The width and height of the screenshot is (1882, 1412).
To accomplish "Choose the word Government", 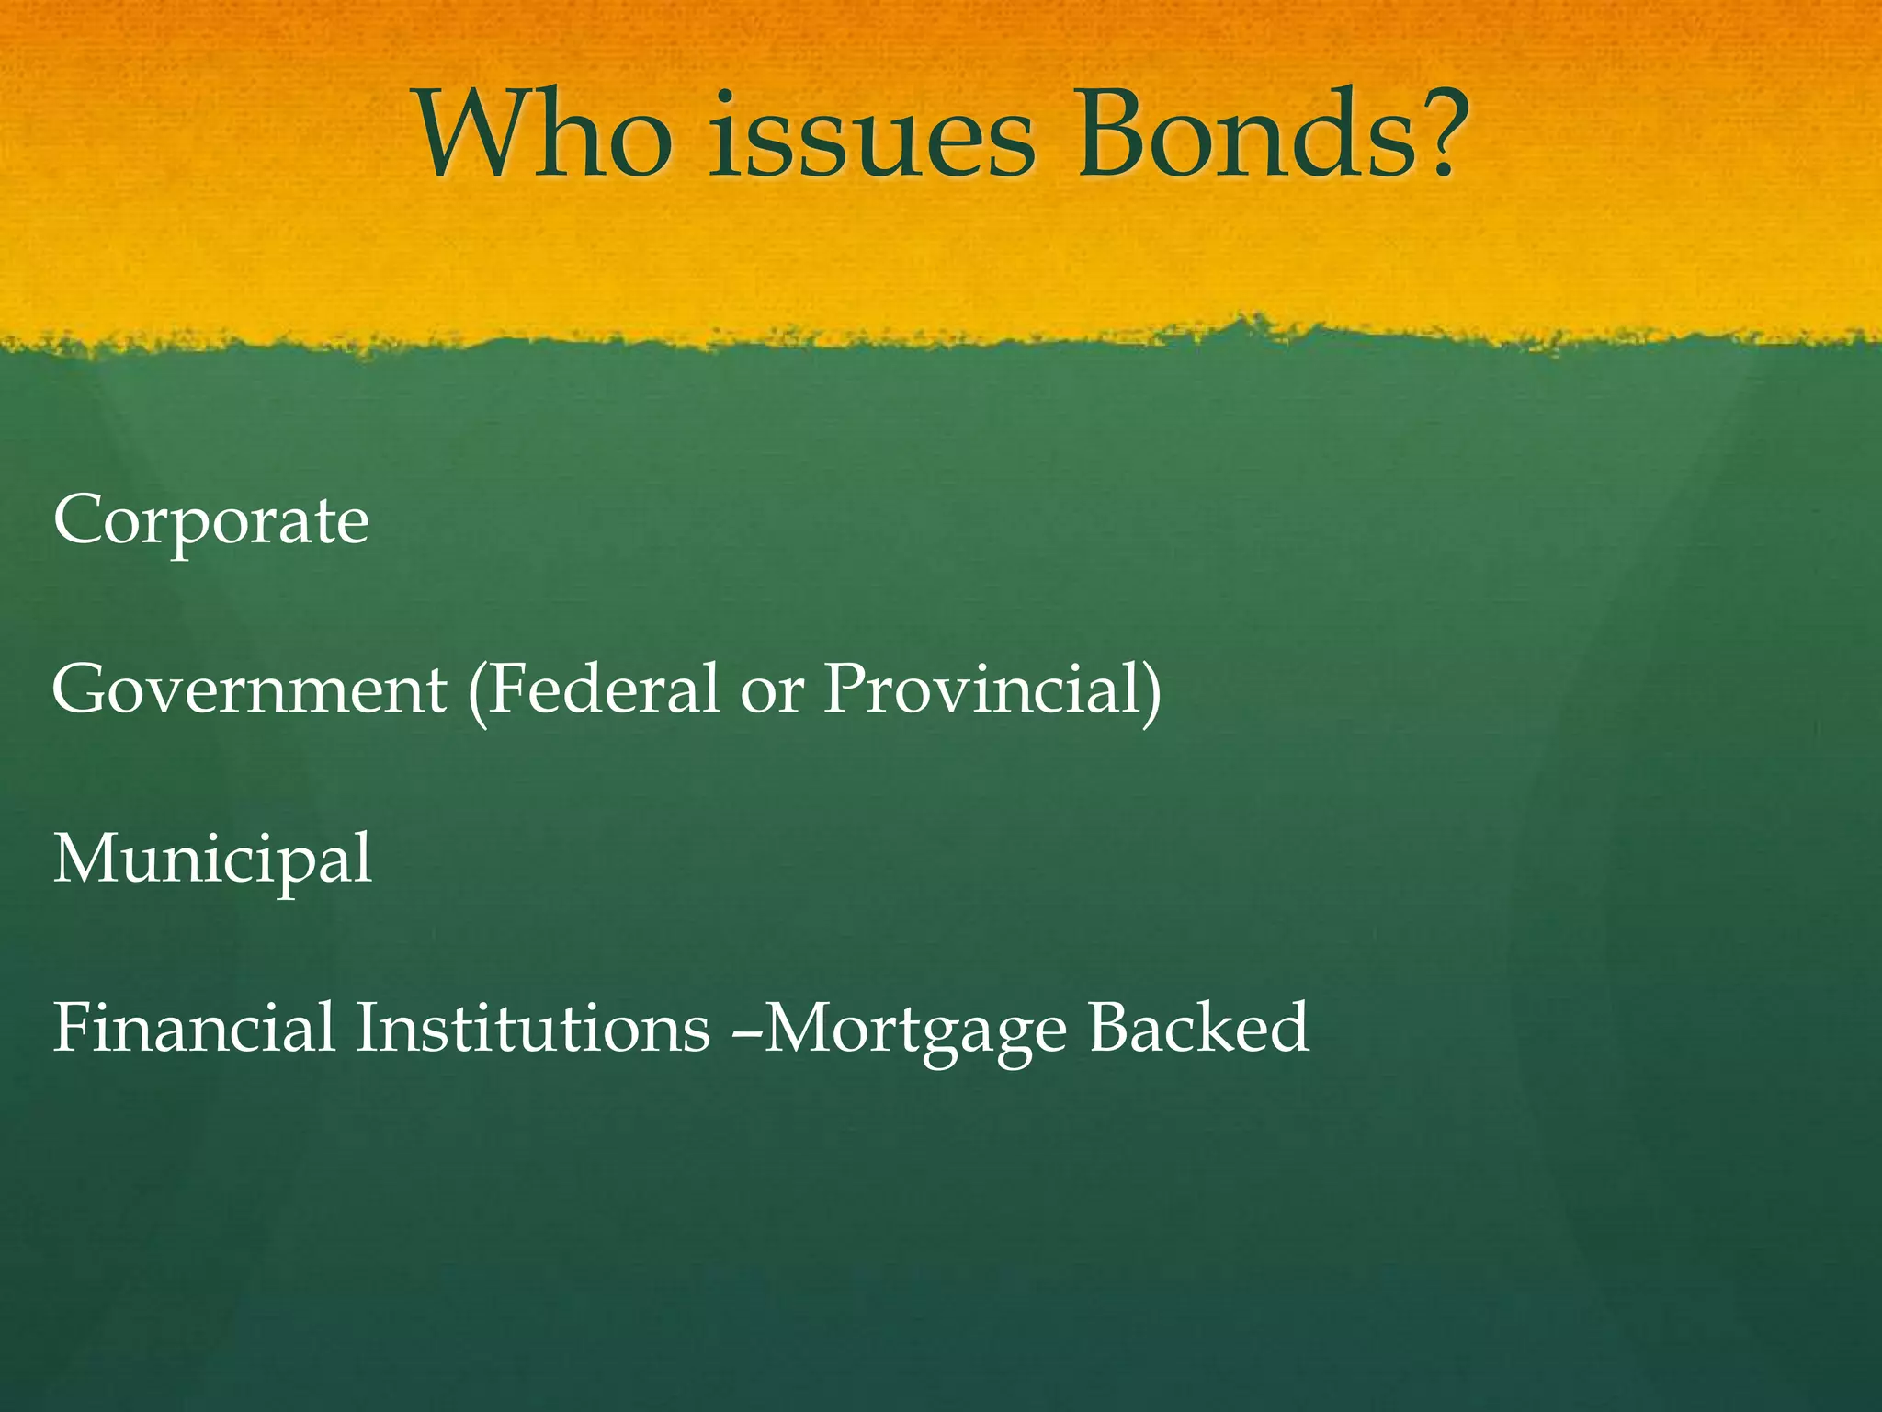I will [249, 690].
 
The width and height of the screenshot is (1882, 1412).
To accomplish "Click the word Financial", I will [194, 1028].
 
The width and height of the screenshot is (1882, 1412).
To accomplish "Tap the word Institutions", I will [533, 1028].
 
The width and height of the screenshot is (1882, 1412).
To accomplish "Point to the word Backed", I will [1199, 1028].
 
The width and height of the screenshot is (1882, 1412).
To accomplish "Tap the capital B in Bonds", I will [1118, 136].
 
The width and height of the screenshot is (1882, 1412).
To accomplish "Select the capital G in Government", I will [80, 689].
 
